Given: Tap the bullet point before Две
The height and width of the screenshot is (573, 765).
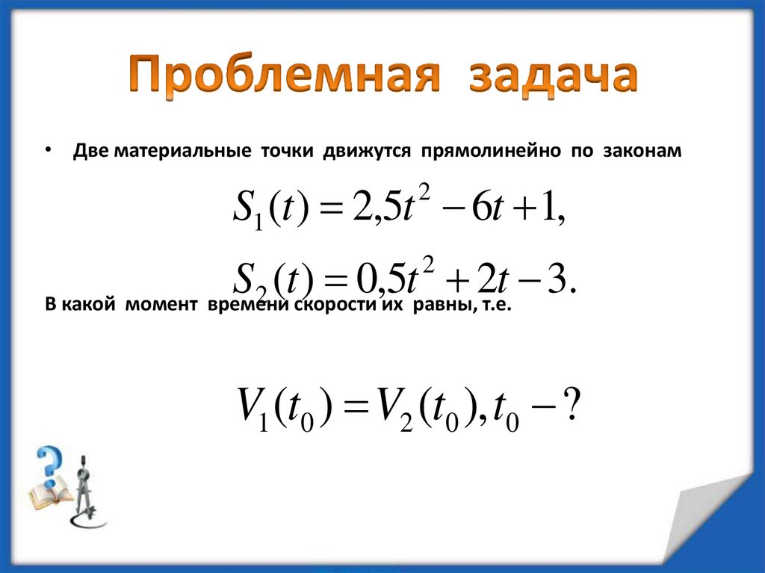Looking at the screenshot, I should coord(47,150).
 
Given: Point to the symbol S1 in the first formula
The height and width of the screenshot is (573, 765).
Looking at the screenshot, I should coord(247,213).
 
